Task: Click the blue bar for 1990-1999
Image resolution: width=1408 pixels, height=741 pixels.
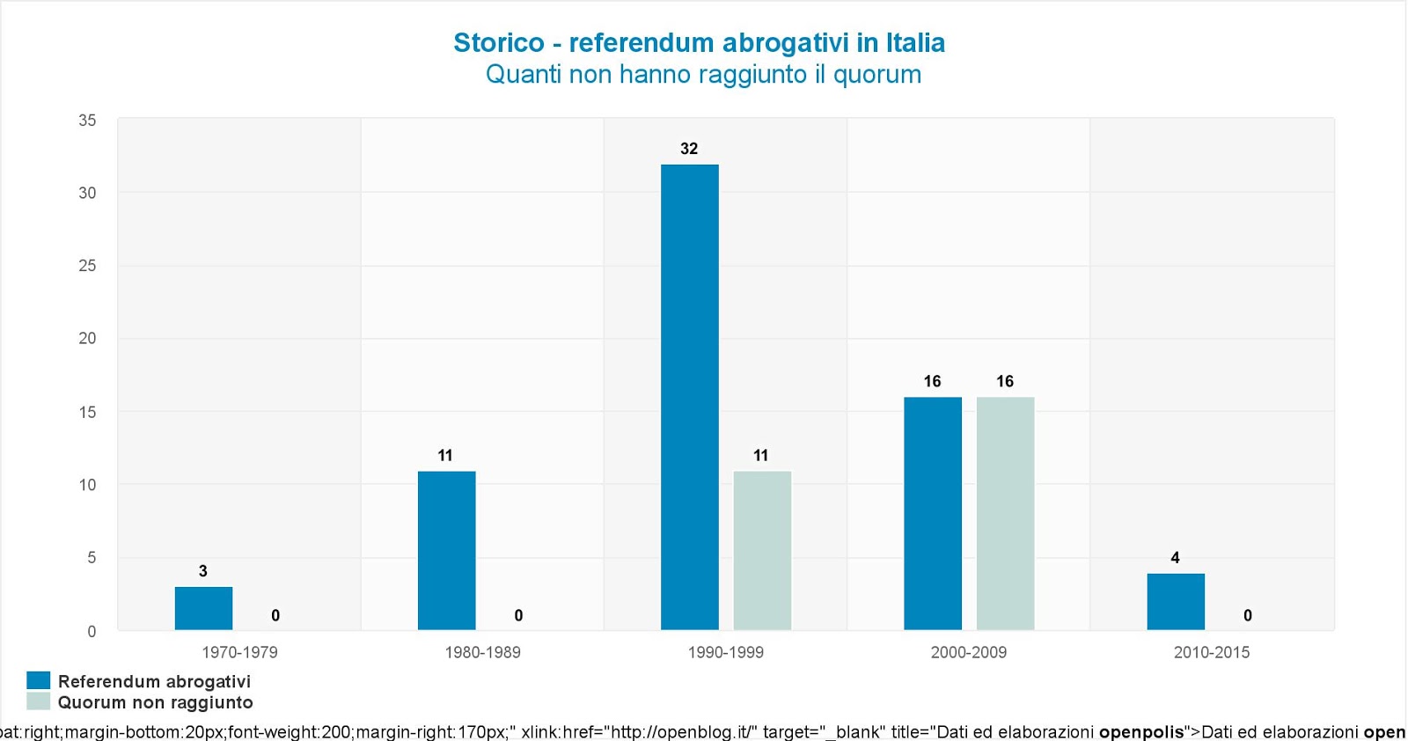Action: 689,396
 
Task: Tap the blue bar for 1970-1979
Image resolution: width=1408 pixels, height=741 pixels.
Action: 203,608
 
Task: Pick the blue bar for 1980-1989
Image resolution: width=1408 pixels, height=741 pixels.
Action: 446,550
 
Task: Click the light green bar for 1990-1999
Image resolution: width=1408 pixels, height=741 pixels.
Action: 762,550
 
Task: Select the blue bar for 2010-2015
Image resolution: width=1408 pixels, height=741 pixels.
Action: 1176,601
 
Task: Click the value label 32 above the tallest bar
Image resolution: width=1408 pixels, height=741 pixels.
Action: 689,149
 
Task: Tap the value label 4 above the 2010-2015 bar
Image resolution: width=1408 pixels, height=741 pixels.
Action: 1175,558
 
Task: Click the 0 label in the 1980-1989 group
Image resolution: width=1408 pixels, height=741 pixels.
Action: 518,615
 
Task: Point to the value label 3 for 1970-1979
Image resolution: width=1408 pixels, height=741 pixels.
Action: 203,571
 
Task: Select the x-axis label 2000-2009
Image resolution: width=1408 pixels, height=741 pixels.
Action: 968,652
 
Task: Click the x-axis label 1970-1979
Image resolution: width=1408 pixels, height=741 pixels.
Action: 239,652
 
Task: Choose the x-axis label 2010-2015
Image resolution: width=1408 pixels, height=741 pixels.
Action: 1211,652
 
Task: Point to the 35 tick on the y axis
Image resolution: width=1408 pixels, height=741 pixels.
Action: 87,121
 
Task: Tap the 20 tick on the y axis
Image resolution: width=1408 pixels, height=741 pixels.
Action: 87,338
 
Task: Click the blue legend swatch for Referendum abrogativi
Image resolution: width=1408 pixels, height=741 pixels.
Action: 39,680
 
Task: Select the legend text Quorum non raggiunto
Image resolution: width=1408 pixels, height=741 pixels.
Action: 155,702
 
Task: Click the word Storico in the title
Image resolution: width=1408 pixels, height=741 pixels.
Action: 498,42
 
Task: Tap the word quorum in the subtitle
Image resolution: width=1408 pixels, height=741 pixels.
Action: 876,75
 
